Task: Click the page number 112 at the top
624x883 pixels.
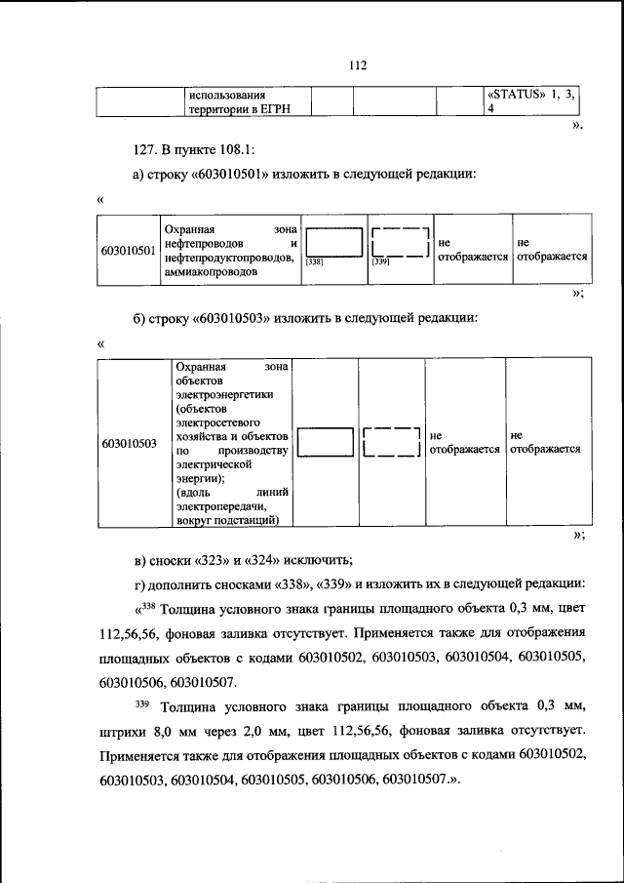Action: pos(356,66)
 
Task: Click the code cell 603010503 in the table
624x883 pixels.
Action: pos(130,443)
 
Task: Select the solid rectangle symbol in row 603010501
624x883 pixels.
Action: pos(333,241)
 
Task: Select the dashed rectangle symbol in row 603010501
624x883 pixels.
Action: pos(400,241)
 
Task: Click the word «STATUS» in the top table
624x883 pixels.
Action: pos(517,95)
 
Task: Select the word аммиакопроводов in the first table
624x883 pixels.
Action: pos(212,273)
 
